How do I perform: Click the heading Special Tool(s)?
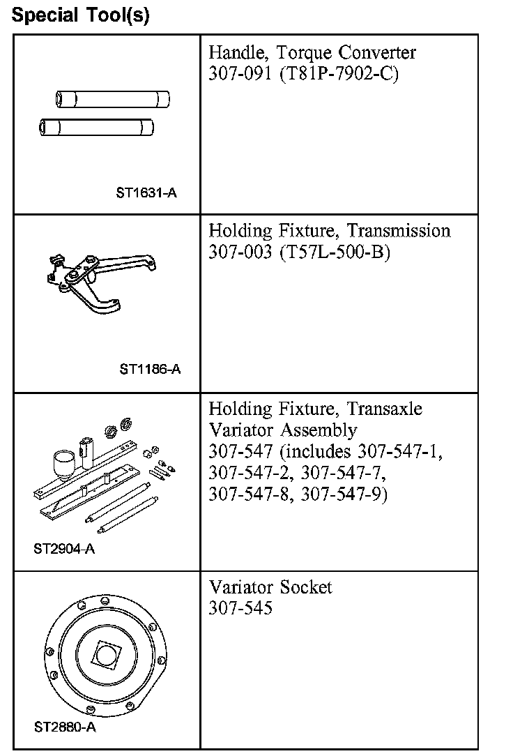(x=81, y=15)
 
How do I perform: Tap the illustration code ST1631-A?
(x=146, y=192)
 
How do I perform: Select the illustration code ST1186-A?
(x=149, y=369)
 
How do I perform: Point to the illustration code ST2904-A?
(x=64, y=548)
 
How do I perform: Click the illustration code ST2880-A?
(x=65, y=727)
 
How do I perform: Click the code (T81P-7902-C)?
(x=339, y=74)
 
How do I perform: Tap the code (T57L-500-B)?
(x=335, y=252)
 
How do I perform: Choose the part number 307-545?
(x=240, y=608)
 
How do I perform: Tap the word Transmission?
(x=399, y=231)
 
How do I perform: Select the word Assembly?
(x=318, y=430)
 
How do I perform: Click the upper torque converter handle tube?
(x=114, y=99)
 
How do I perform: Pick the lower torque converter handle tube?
(x=98, y=127)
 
